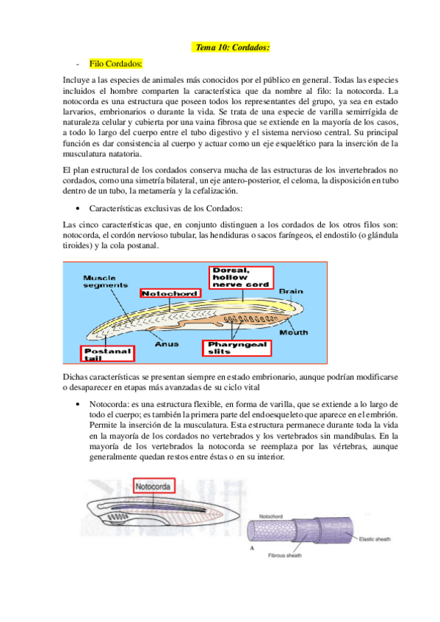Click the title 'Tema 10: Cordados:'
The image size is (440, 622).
pyautogui.click(x=233, y=48)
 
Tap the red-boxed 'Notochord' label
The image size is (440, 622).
pyautogui.click(x=165, y=293)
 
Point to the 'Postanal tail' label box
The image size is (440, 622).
pyautogui.click(x=108, y=353)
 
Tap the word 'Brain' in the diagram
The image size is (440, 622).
pyautogui.click(x=290, y=291)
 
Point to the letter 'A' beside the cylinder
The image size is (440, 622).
pyautogui.click(x=253, y=547)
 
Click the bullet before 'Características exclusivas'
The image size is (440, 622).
pyautogui.click(x=78, y=209)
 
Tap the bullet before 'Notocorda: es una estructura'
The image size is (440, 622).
pyautogui.click(x=78, y=404)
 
